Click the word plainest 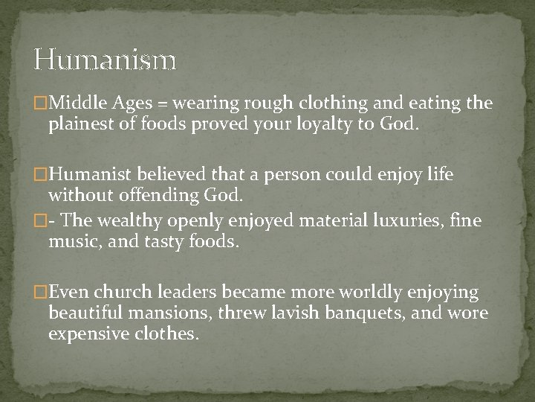83,123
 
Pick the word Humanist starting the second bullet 92,176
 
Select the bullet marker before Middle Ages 42,103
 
